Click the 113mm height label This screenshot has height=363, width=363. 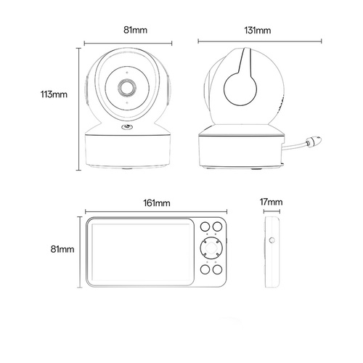(54, 94)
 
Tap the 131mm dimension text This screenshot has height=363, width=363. (258, 30)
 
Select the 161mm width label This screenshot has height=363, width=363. (157, 203)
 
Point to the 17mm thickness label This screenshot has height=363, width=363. (271, 202)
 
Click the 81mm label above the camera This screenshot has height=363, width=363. (135, 30)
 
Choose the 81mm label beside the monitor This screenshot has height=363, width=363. (62, 249)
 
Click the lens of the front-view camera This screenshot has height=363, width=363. (127, 88)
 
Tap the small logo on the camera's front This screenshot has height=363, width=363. (127, 126)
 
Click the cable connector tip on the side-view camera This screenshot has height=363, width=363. (314, 141)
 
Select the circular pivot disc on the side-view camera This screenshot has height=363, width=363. (240, 89)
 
